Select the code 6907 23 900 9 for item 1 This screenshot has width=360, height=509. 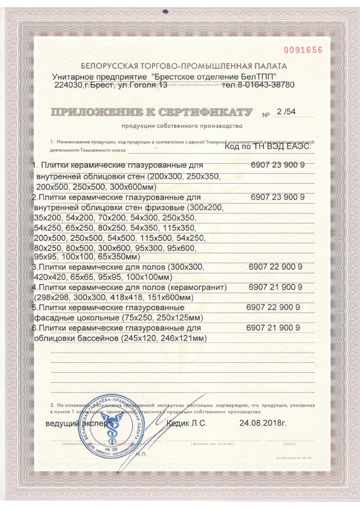pos(278,166)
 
